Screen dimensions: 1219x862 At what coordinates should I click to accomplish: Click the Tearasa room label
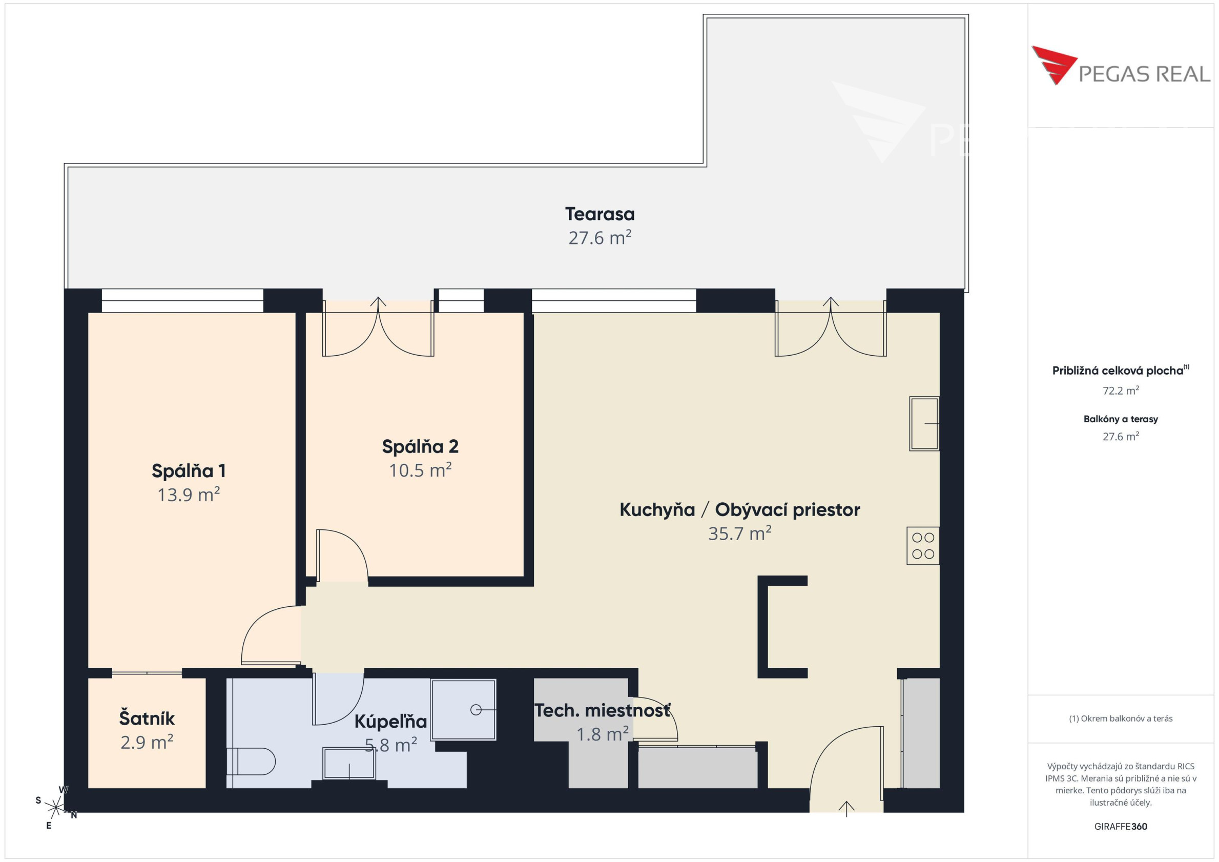(600, 214)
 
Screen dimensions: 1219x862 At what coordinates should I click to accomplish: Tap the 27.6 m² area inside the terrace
(600, 237)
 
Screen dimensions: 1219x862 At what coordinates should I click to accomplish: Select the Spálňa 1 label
(189, 471)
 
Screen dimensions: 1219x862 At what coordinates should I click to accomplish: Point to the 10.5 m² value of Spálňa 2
(420, 470)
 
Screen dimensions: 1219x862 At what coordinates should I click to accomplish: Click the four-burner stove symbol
(923, 545)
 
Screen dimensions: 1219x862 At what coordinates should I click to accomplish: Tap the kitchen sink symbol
(924, 423)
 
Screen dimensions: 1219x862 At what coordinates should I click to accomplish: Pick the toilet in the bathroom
(251, 762)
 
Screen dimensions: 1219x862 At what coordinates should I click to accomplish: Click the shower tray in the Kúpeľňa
(464, 710)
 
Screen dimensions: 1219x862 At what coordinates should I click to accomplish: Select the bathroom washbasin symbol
(349, 764)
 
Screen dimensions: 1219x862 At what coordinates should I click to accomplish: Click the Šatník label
(147, 719)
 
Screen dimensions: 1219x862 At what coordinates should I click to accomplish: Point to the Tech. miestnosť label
(602, 711)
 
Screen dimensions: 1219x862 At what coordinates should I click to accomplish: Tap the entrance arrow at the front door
(846, 809)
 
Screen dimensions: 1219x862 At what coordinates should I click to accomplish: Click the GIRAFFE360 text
(1120, 827)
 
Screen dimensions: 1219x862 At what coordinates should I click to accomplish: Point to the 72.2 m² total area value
(1120, 391)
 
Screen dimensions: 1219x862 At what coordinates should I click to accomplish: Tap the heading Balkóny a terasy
(1120, 419)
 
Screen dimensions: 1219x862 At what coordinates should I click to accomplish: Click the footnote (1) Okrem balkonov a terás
(1120, 719)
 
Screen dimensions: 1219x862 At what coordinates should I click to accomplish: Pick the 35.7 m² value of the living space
(739, 533)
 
